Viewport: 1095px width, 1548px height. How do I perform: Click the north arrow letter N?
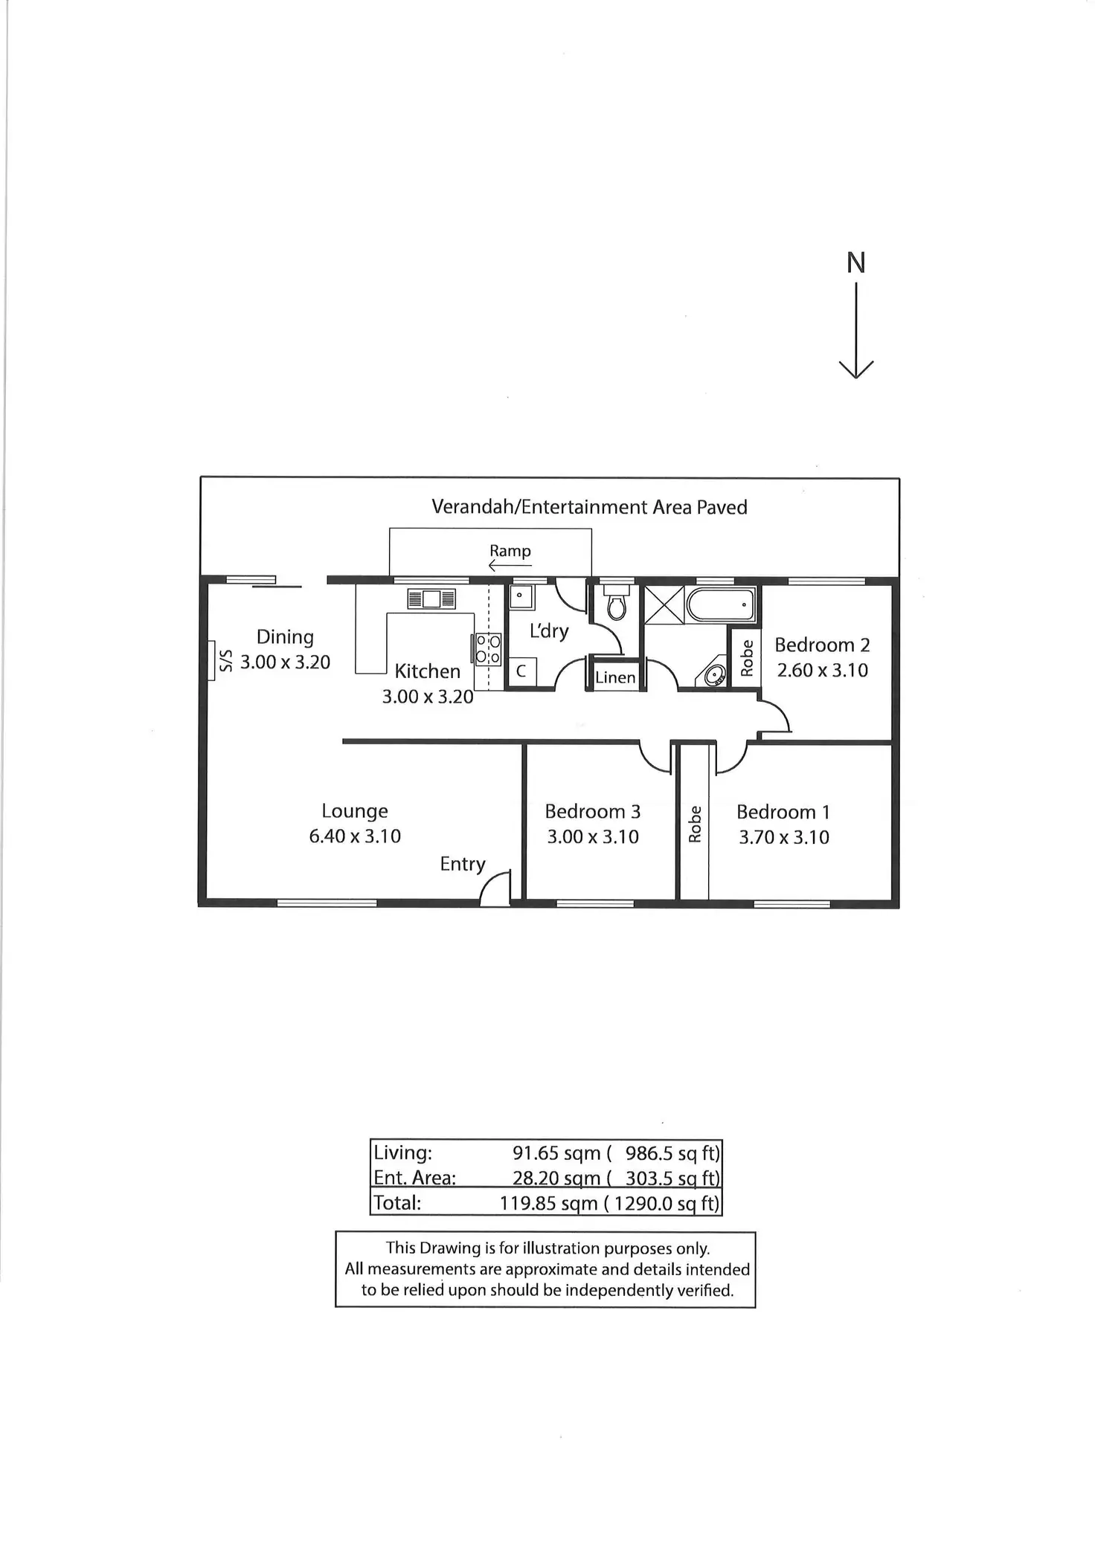click(856, 262)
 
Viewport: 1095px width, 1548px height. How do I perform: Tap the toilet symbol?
click(617, 604)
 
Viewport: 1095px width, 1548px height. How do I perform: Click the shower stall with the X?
click(664, 604)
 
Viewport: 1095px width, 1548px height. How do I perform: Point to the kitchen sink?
click(431, 599)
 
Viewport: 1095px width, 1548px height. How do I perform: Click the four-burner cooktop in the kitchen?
click(488, 648)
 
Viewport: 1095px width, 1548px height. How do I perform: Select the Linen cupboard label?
click(615, 677)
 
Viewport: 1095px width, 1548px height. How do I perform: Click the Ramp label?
click(510, 550)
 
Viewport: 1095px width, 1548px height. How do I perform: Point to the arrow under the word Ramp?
click(510, 567)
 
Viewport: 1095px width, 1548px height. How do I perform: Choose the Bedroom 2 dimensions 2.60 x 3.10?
click(822, 670)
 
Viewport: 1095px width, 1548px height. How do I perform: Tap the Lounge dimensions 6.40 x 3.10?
click(355, 836)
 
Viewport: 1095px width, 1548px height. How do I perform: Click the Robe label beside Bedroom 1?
click(695, 824)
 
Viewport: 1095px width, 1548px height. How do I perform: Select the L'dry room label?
click(549, 631)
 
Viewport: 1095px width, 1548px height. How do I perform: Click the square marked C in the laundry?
click(521, 671)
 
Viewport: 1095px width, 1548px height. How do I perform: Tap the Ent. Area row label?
click(414, 1178)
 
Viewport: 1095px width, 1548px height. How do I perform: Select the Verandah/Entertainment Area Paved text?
click(589, 507)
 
